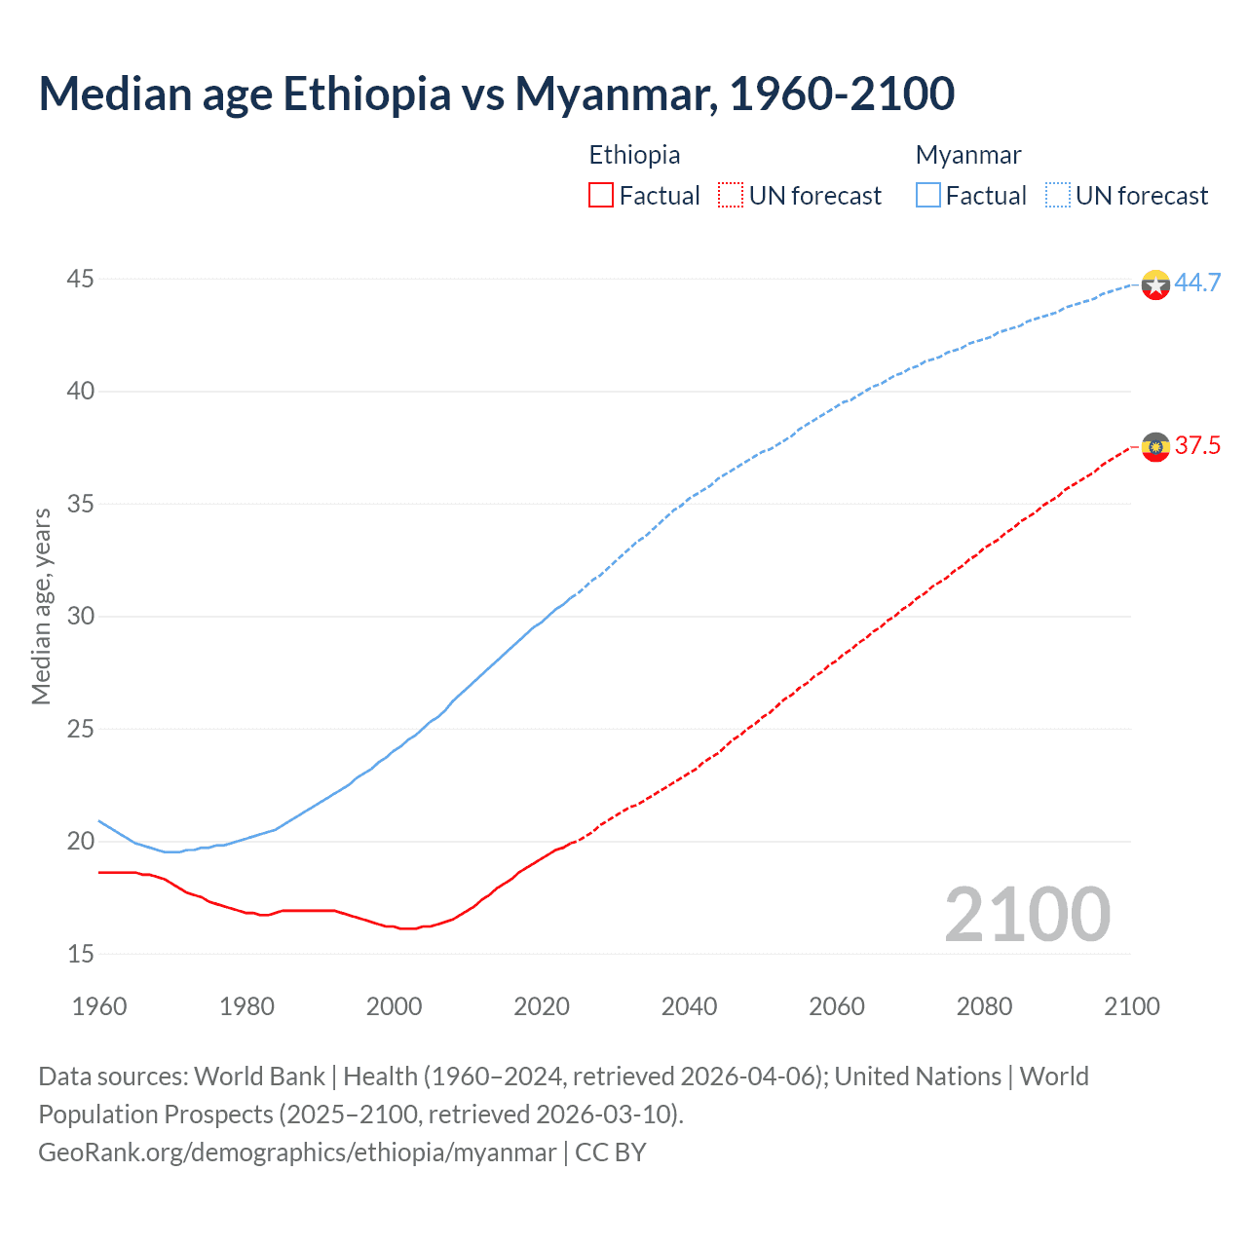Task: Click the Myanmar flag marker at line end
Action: coord(1155,284)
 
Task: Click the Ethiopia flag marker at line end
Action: coord(1155,447)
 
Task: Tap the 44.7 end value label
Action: coord(1197,283)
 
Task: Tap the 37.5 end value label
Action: coord(1197,445)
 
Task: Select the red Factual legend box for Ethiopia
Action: coord(601,195)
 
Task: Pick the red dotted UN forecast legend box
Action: coord(731,195)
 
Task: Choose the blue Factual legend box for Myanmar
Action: coord(928,195)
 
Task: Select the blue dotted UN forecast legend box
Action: coord(1058,195)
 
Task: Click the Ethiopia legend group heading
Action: coord(634,155)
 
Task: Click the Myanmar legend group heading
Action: coord(968,155)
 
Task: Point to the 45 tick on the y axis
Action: coord(80,280)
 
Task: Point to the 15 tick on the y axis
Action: coord(80,954)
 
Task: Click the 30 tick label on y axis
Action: coord(80,617)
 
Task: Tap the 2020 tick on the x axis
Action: coord(542,1005)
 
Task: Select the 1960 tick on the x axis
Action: coord(99,1005)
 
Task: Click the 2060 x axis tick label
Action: coord(837,1005)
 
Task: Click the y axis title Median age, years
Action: coord(41,606)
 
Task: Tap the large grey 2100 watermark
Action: coord(1027,914)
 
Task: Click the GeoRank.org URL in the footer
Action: coord(297,1152)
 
